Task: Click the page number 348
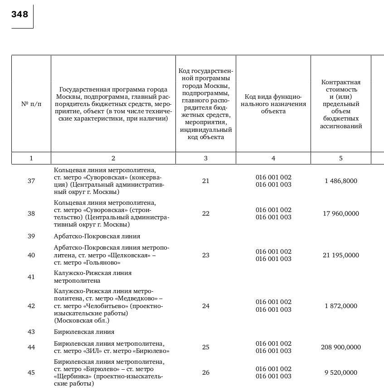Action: [x=20, y=14]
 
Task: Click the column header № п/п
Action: [x=31, y=104]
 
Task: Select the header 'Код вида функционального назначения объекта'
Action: [x=273, y=104]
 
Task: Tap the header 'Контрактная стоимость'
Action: [x=341, y=104]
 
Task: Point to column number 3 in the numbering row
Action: [x=206, y=158]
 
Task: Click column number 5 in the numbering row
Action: [x=341, y=158]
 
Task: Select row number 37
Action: [x=31, y=181]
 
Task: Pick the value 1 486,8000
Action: [x=341, y=181]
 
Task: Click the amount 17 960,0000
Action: [x=341, y=213]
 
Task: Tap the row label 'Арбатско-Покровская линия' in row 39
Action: [x=97, y=236]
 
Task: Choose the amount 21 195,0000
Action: [x=341, y=255]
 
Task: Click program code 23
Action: [x=206, y=255]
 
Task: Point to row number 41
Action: [x=31, y=277]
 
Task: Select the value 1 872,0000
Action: [x=341, y=306]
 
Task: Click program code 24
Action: [x=206, y=306]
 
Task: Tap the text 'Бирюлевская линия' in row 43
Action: [x=84, y=332]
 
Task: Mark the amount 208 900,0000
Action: [x=341, y=347]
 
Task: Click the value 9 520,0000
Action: [x=341, y=372]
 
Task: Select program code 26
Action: [x=206, y=372]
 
